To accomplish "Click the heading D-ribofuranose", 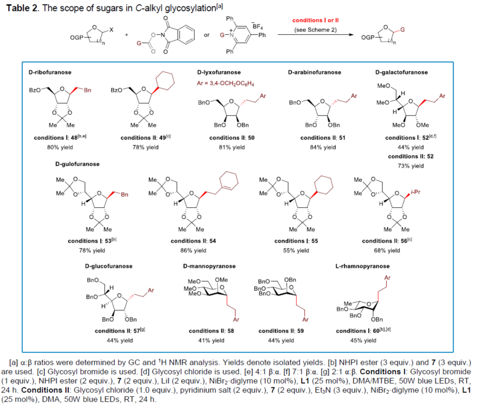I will tap(50, 72).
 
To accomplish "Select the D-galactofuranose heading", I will tap(401, 72).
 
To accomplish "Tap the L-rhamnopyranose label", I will tap(362, 266).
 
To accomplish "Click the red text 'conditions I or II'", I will tap(315, 20).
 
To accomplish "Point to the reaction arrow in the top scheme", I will tap(316, 35).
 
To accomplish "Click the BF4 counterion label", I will tap(258, 26).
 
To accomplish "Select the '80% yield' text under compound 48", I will tap(60, 147).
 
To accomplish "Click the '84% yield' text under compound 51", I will tap(323, 147).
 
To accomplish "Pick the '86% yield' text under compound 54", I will tap(193, 250).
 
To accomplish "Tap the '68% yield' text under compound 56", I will tap(387, 250).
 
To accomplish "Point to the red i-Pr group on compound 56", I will tap(415, 192).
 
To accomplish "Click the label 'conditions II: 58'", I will tap(211, 331).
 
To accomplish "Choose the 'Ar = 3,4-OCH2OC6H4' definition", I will tap(225, 83).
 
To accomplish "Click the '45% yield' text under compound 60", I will tap(363, 340).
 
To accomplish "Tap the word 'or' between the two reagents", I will tap(206, 35).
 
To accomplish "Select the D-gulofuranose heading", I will tap(77, 164).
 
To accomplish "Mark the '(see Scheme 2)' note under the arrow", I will tap(315, 30).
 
